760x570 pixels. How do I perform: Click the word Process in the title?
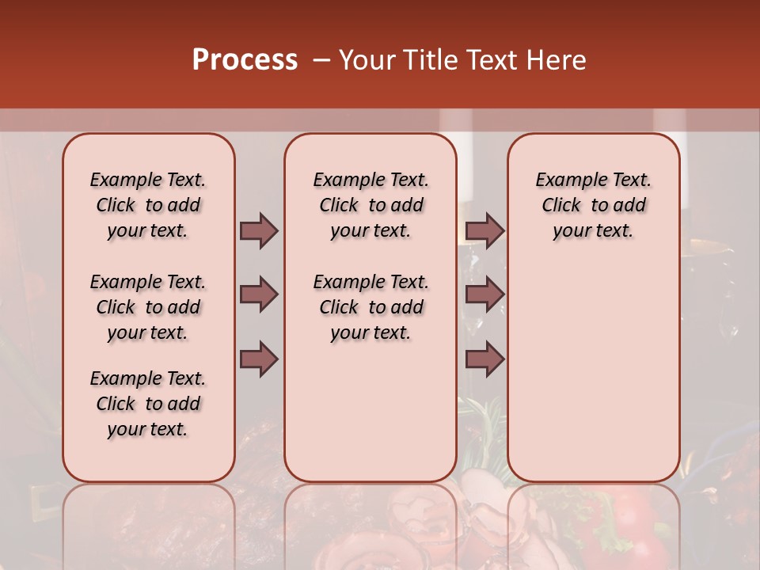point(245,60)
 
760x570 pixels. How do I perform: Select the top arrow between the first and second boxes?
point(259,230)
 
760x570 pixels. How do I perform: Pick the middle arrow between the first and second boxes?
point(259,294)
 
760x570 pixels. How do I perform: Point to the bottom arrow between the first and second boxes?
point(259,359)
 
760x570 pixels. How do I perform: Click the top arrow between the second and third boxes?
point(484,230)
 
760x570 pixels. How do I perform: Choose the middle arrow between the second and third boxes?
point(484,294)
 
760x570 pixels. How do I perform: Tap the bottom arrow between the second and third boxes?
point(484,359)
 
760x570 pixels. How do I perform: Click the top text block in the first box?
point(148,205)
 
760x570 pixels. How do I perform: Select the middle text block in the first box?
point(148,307)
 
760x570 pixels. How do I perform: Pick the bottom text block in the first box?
point(148,404)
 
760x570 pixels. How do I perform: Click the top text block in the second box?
point(371,205)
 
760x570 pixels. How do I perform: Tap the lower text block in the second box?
point(371,307)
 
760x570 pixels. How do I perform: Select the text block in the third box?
point(594,205)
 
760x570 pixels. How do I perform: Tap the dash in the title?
point(321,60)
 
